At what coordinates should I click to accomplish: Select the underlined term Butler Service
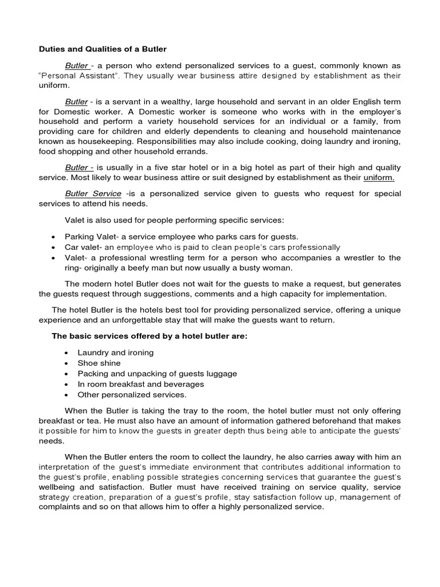pyautogui.click(x=93, y=194)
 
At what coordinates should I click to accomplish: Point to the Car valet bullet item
pyautogui.click(x=202, y=247)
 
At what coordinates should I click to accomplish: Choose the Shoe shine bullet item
pyautogui.click(x=99, y=363)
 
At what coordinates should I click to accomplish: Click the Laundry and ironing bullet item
pyautogui.click(x=116, y=353)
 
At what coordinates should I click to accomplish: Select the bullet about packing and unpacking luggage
pyautogui.click(x=158, y=373)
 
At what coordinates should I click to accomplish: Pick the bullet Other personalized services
pyautogui.click(x=132, y=394)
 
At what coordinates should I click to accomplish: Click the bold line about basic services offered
pyautogui.click(x=150, y=336)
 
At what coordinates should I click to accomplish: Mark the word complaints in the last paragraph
pyautogui.click(x=58, y=507)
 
